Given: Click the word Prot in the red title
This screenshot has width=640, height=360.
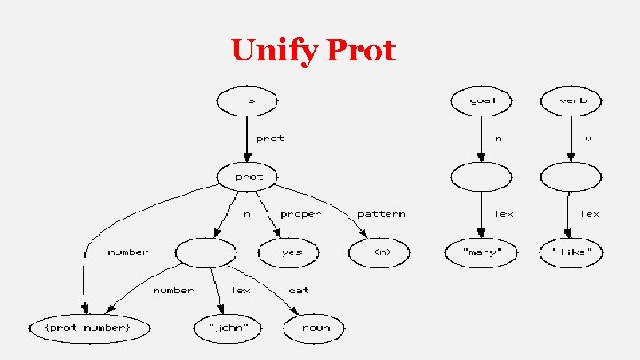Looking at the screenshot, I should (361, 51).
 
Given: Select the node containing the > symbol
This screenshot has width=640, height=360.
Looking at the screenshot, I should (251, 100).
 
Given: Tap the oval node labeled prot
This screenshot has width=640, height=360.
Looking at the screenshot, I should (250, 176).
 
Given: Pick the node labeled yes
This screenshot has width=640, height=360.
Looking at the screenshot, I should (292, 252).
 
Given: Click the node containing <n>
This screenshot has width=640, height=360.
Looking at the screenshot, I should (381, 252).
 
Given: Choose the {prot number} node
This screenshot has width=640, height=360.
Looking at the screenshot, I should (87, 328).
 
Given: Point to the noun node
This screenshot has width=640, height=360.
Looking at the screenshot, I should (315, 328).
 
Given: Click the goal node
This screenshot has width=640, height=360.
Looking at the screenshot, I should (481, 100).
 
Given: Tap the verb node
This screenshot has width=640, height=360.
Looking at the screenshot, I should (572, 100).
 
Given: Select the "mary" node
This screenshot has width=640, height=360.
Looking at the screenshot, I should (481, 252).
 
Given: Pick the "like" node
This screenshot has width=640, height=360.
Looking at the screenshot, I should (572, 252).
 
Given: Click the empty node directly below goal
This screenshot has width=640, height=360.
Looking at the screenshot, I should (481, 176).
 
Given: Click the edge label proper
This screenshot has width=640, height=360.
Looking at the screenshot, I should (300, 214).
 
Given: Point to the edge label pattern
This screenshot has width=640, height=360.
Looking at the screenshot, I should (381, 214).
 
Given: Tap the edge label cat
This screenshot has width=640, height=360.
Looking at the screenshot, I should (299, 290).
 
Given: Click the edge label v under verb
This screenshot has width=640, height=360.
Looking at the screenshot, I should (588, 139).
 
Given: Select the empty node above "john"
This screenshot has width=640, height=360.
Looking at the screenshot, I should (205, 252).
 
